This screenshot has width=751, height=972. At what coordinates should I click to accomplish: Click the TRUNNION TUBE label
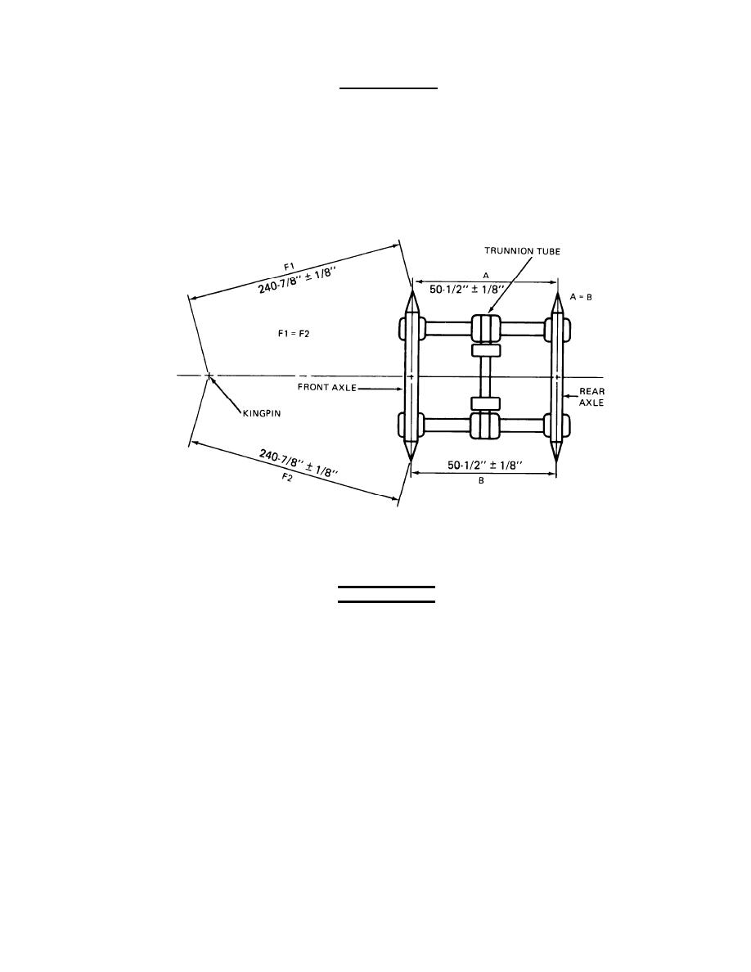click(522, 251)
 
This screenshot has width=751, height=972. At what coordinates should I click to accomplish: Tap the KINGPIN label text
click(262, 413)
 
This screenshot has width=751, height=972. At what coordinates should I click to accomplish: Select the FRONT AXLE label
click(327, 388)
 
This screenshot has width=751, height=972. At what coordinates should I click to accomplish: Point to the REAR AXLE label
click(591, 397)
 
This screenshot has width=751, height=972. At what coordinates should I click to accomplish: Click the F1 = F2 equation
click(294, 334)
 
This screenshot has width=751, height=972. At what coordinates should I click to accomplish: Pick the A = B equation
click(581, 297)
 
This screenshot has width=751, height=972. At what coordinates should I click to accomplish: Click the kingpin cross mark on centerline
click(209, 376)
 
